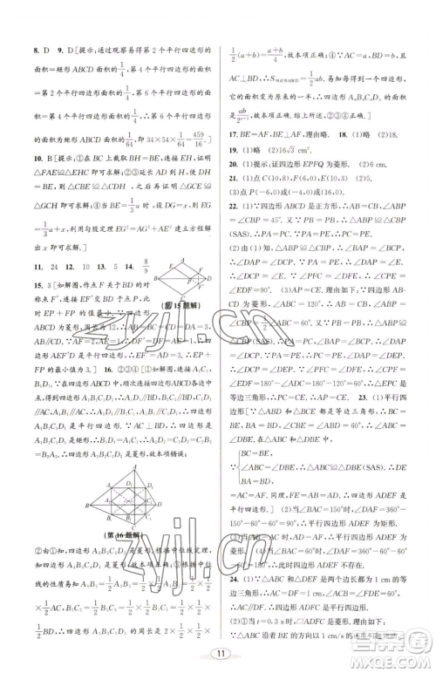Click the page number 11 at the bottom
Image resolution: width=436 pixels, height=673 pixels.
coord(219,650)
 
